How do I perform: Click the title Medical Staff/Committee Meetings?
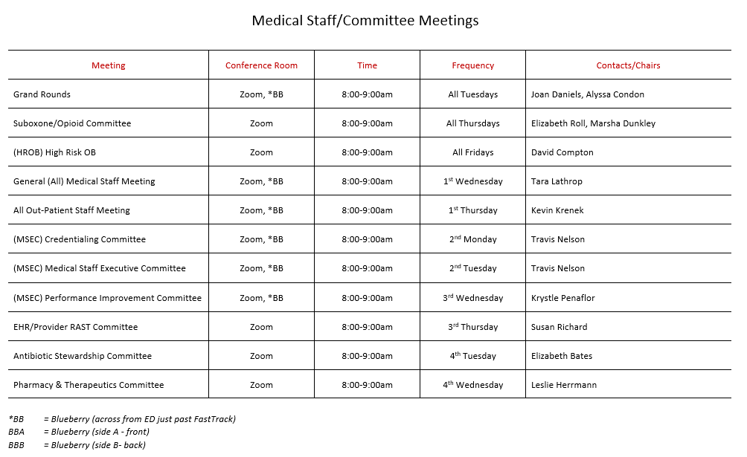(x=365, y=21)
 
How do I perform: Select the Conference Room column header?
(x=261, y=65)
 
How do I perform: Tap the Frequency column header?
(x=472, y=65)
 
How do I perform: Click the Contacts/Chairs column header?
(x=628, y=65)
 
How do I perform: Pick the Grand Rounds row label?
(x=42, y=94)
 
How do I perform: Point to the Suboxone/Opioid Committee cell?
(x=72, y=123)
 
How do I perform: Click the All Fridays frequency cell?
(x=472, y=152)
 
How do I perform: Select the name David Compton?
(x=563, y=152)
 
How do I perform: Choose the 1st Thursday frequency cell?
(x=472, y=210)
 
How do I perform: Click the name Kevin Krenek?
(x=557, y=210)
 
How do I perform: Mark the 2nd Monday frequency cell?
(x=472, y=239)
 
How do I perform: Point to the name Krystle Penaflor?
(x=563, y=298)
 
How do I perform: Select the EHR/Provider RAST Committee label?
(x=75, y=327)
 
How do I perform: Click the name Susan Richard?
(x=559, y=327)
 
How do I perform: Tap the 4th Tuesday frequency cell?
(x=472, y=356)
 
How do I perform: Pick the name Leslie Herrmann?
(x=564, y=385)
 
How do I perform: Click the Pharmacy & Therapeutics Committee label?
(x=89, y=385)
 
